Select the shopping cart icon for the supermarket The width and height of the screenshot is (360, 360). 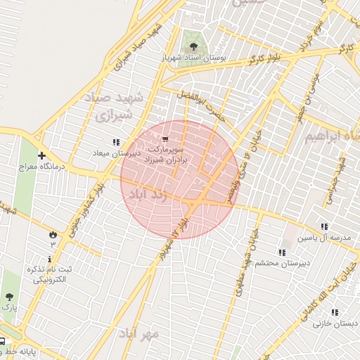coord(165,140)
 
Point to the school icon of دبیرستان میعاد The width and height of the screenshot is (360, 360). coord(116,142)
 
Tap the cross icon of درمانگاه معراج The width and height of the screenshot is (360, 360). coord(42,155)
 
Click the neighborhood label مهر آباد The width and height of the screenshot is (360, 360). coord(138,333)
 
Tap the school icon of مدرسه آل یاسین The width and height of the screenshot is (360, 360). coord(323,226)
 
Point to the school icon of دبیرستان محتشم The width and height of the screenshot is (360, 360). coord(282,252)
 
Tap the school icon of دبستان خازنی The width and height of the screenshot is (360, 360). coord(335,312)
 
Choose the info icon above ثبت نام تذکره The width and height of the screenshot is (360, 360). coord(50,259)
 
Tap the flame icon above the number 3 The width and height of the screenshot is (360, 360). coord(53,233)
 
